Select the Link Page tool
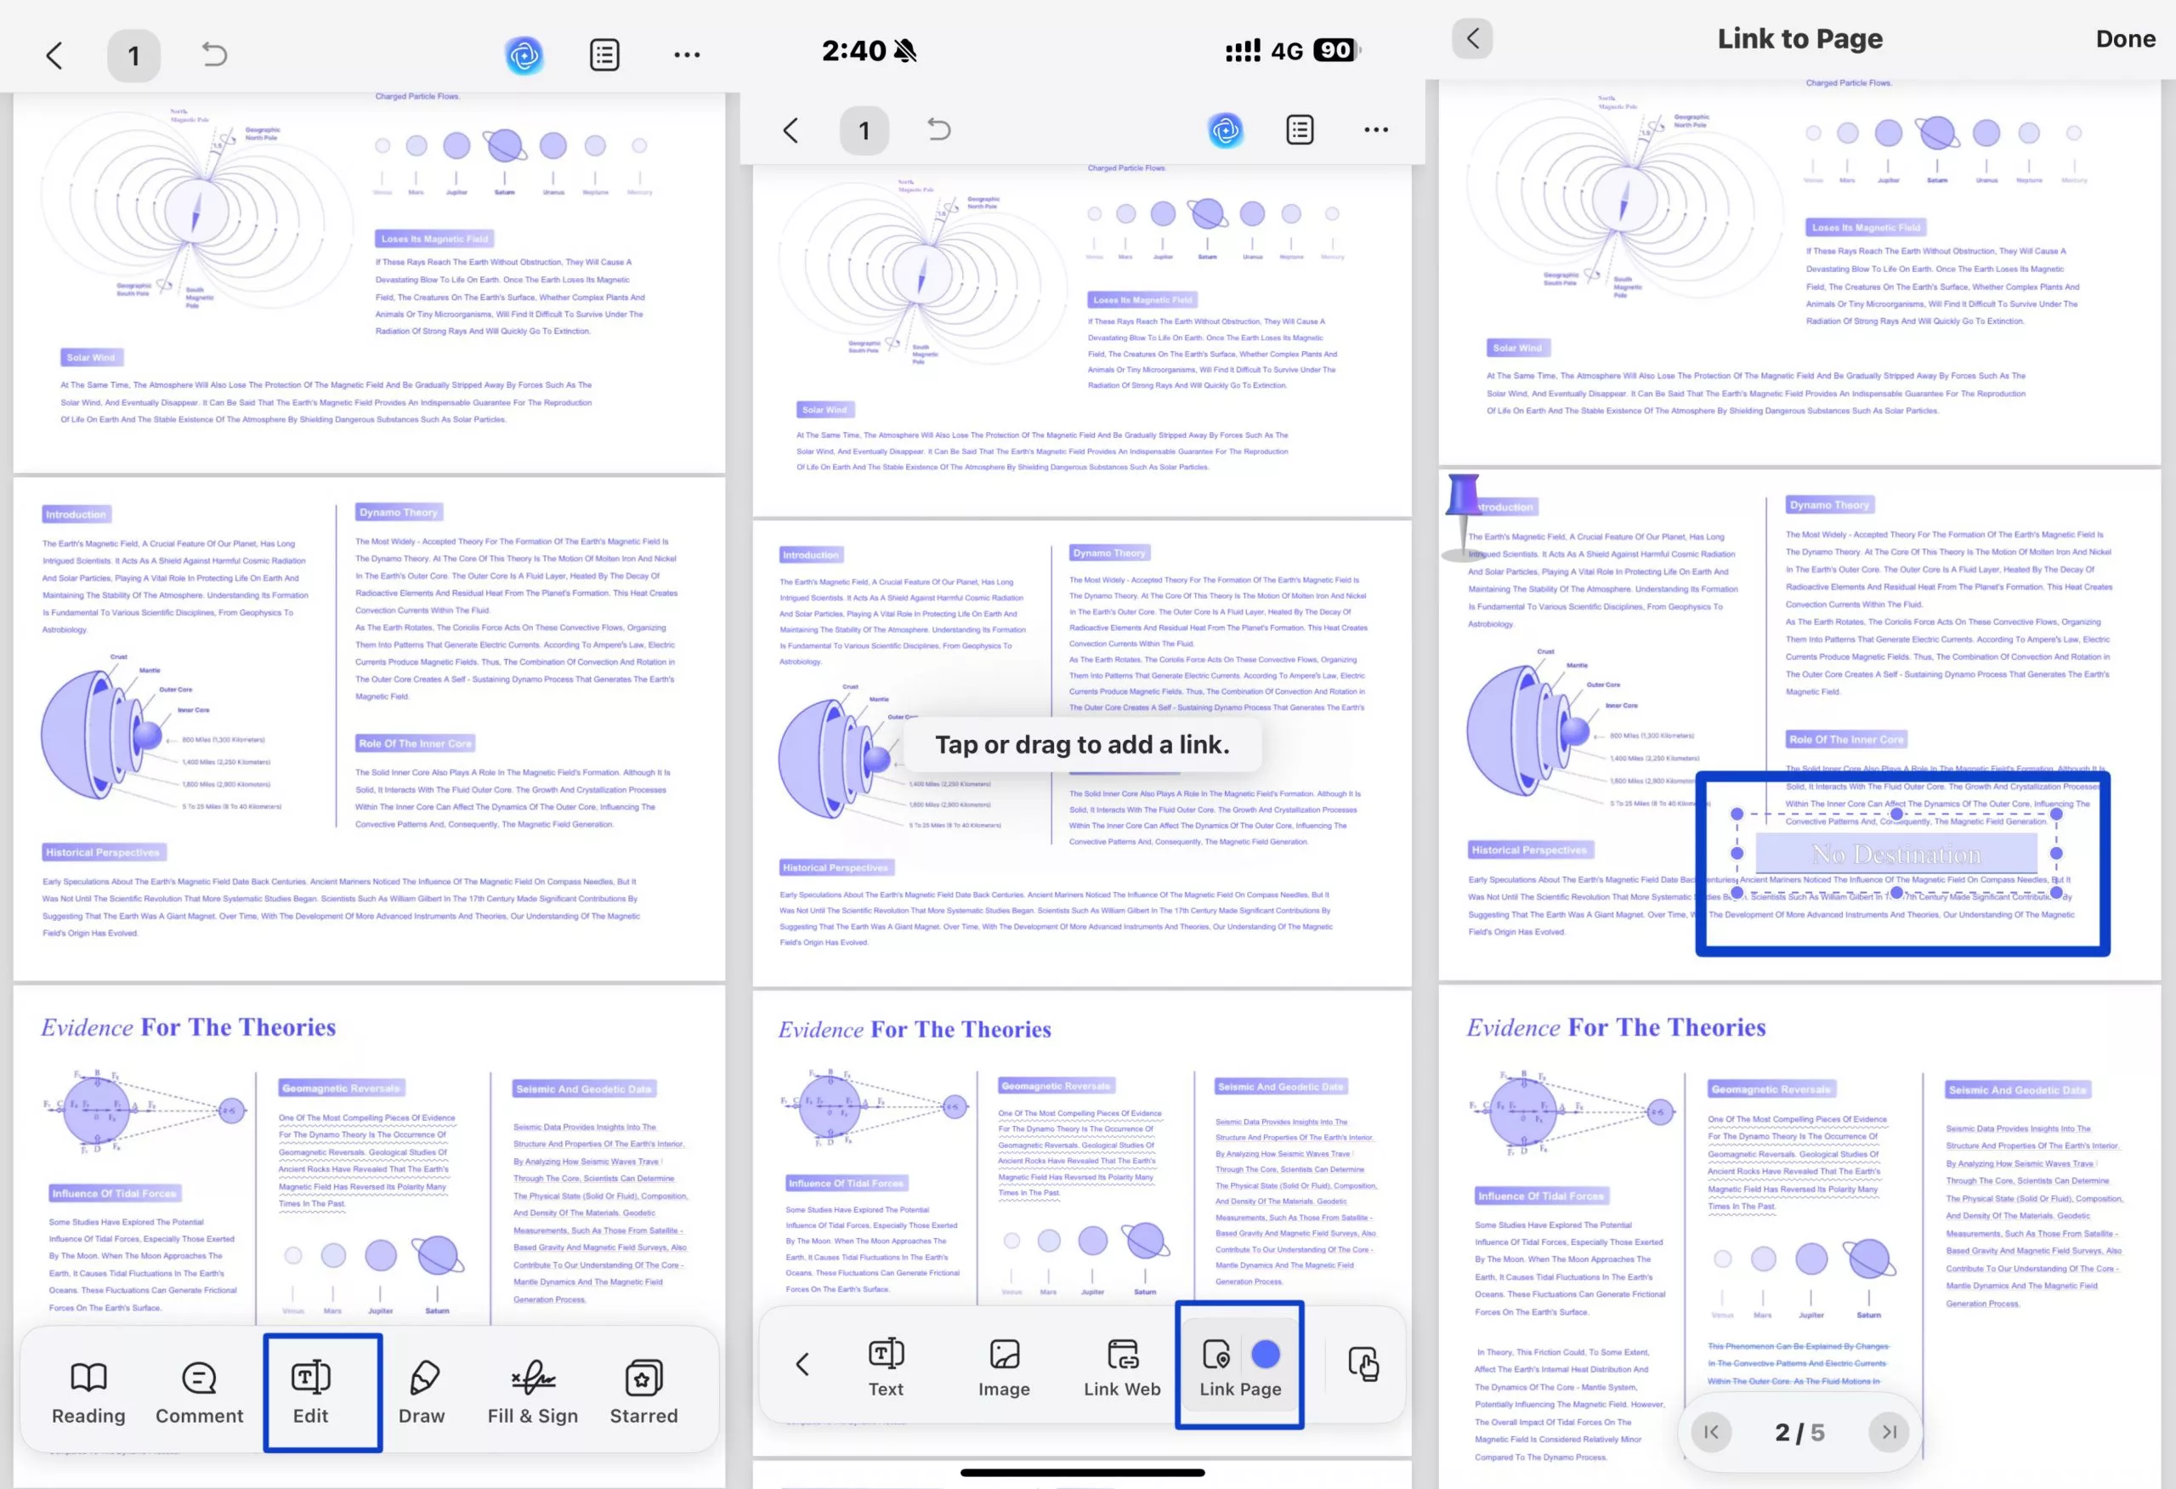pyautogui.click(x=1239, y=1367)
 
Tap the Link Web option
pyautogui.click(x=1122, y=1367)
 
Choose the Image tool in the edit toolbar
pyautogui.click(x=1004, y=1367)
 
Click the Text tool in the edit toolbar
pyautogui.click(x=886, y=1367)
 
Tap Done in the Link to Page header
pyautogui.click(x=2124, y=38)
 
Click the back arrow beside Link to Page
pyautogui.click(x=1473, y=38)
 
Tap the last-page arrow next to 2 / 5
pyautogui.click(x=1889, y=1432)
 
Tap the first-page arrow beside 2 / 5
pyautogui.click(x=1711, y=1432)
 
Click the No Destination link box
pyautogui.click(x=1896, y=854)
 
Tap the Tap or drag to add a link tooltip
pyautogui.click(x=1081, y=745)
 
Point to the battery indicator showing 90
pyautogui.click(x=1334, y=49)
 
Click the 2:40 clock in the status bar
pyautogui.click(x=853, y=50)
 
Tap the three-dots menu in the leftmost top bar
pyautogui.click(x=686, y=55)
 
